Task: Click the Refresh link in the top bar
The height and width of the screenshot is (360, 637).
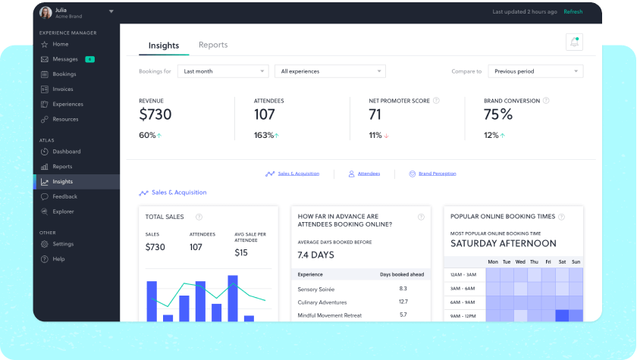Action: pyautogui.click(x=573, y=11)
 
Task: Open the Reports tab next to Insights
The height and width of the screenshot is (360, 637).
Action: pyautogui.click(x=213, y=45)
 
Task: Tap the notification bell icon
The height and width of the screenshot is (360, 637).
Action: pyautogui.click(x=574, y=42)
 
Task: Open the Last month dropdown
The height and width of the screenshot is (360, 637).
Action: pyautogui.click(x=223, y=71)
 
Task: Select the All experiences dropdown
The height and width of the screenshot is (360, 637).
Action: pyautogui.click(x=330, y=71)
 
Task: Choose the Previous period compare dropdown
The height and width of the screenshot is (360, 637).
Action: pyautogui.click(x=535, y=71)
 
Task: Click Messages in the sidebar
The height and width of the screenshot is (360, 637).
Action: pyautogui.click(x=65, y=59)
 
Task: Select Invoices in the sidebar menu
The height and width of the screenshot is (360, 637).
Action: pyautogui.click(x=63, y=89)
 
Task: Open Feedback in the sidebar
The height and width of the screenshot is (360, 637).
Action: pyautogui.click(x=64, y=196)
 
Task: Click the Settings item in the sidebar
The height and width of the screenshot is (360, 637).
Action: pyautogui.click(x=63, y=244)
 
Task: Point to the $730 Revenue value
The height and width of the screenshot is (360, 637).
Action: pyautogui.click(x=155, y=114)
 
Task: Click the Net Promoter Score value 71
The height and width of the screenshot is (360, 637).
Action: pyautogui.click(x=375, y=114)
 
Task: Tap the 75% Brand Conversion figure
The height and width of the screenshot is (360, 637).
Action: pyautogui.click(x=498, y=114)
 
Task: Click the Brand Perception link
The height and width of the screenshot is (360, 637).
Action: pyautogui.click(x=438, y=174)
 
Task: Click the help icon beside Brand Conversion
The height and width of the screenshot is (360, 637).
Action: pyautogui.click(x=546, y=100)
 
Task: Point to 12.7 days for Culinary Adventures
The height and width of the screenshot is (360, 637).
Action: pyautogui.click(x=403, y=302)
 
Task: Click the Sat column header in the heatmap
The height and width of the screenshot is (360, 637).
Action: pyautogui.click(x=562, y=261)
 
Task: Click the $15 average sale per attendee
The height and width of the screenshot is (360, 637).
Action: pyautogui.click(x=241, y=252)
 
